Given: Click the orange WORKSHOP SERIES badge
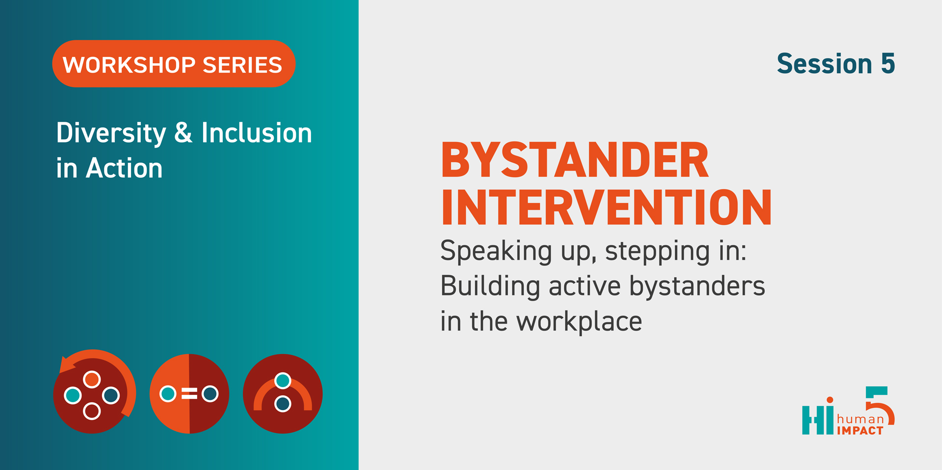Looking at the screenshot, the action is click(x=174, y=64).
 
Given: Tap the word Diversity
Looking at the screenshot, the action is click(x=111, y=133).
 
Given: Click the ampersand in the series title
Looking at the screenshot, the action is click(x=183, y=132).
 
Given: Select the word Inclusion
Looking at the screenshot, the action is click(x=257, y=132).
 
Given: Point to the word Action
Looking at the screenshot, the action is click(x=124, y=168).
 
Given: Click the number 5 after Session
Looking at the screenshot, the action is click(x=888, y=64).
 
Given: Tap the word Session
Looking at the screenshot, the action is click(x=824, y=64).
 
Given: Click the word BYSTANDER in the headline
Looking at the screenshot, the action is click(x=575, y=160).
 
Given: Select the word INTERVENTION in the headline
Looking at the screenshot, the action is click(x=606, y=208).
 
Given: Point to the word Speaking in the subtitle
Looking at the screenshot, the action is click(x=496, y=252).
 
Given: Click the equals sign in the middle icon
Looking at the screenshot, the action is click(x=189, y=393).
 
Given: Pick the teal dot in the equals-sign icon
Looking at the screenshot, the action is click(x=168, y=393).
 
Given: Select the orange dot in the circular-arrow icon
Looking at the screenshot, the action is click(x=92, y=379).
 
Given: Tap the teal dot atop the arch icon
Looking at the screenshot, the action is click(x=283, y=381).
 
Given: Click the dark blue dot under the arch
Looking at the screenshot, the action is click(x=283, y=404).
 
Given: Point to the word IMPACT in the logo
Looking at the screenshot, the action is click(x=860, y=431).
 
